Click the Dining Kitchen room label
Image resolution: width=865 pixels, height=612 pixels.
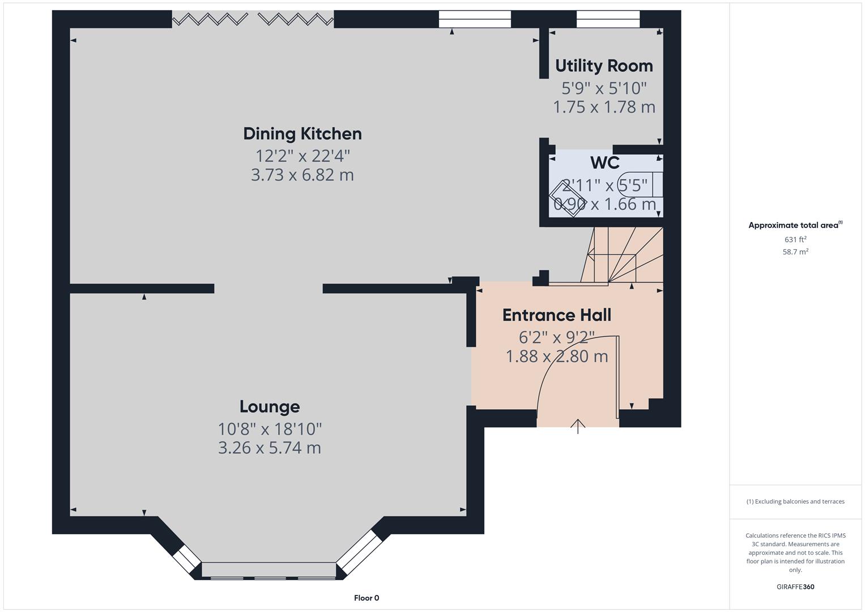coord(302,134)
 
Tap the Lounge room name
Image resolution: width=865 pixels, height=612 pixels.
coord(270,406)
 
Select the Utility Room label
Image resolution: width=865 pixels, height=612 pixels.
coord(604,66)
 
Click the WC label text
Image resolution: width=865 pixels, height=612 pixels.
coord(604,163)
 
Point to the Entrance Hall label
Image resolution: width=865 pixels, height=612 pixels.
coord(557,315)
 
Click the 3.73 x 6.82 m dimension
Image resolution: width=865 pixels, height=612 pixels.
coord(302,175)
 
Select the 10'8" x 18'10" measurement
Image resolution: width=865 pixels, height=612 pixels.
coord(270,428)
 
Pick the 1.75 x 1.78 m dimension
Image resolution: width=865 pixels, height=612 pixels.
coord(604,107)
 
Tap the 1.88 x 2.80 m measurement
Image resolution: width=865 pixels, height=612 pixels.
coord(557,356)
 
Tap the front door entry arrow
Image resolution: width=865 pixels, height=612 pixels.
coord(578,426)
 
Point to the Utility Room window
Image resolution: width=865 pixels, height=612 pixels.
coord(608,19)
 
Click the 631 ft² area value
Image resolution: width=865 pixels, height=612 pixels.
coord(795,240)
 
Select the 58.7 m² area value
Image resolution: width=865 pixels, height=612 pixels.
coord(795,252)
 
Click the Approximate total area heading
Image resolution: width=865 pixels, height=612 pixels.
coord(795,225)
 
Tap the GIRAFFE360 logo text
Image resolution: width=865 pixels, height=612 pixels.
coord(795,586)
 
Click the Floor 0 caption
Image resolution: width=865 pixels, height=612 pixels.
coord(367,598)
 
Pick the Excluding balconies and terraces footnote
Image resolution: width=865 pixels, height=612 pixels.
coord(795,501)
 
